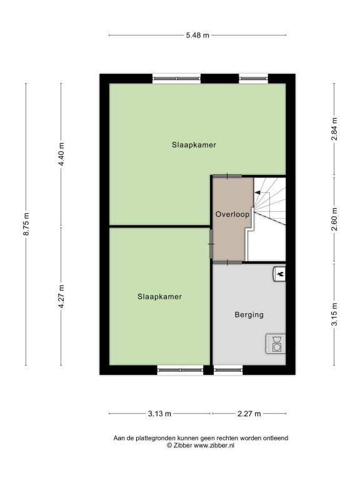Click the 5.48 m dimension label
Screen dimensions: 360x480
(x=197, y=35)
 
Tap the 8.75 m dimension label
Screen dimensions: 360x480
(x=26, y=224)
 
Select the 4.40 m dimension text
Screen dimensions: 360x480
(x=61, y=154)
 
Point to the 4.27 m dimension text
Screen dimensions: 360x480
(x=61, y=296)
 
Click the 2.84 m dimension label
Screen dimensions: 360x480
(x=334, y=129)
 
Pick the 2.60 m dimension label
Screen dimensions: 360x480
(x=334, y=219)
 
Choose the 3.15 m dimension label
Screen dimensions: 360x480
(x=334, y=314)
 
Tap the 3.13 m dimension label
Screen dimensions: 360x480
(x=159, y=414)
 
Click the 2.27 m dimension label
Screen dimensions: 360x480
(x=249, y=414)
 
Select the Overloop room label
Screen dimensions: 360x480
(x=232, y=214)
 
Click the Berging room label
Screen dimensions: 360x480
(x=249, y=315)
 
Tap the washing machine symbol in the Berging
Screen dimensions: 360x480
(x=276, y=344)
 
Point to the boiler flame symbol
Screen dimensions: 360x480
(x=279, y=274)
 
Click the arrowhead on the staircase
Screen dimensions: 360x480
(x=257, y=192)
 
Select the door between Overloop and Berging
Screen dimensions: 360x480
(x=227, y=262)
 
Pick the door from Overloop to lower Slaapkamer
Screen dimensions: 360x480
(x=211, y=244)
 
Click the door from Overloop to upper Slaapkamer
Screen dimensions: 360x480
(x=227, y=176)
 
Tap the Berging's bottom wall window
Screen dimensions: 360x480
(x=228, y=370)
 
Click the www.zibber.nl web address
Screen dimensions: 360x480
(x=214, y=446)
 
